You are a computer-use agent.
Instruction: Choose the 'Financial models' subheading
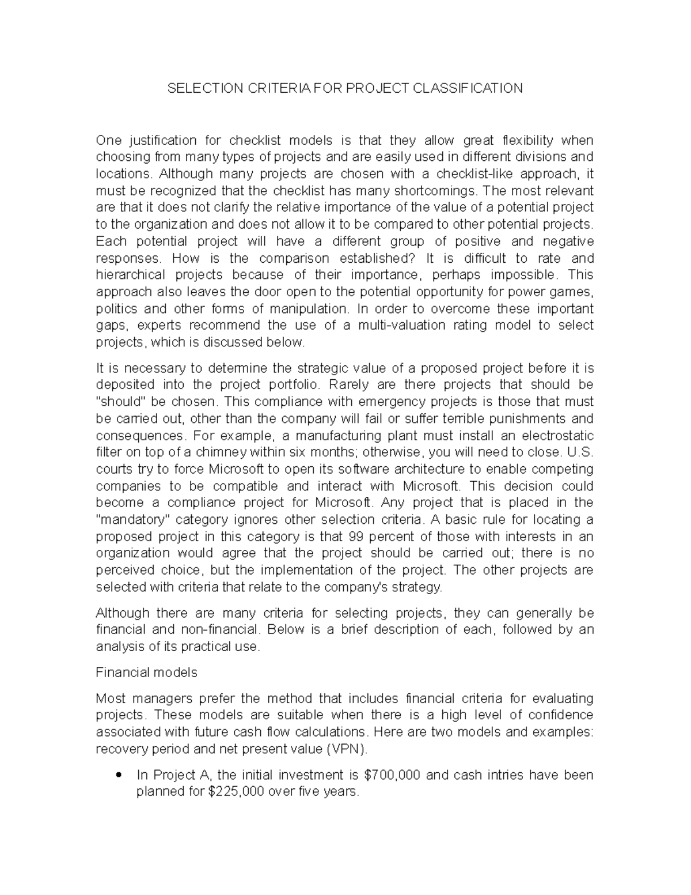click(x=146, y=673)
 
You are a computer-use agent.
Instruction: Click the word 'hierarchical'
click(x=130, y=275)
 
